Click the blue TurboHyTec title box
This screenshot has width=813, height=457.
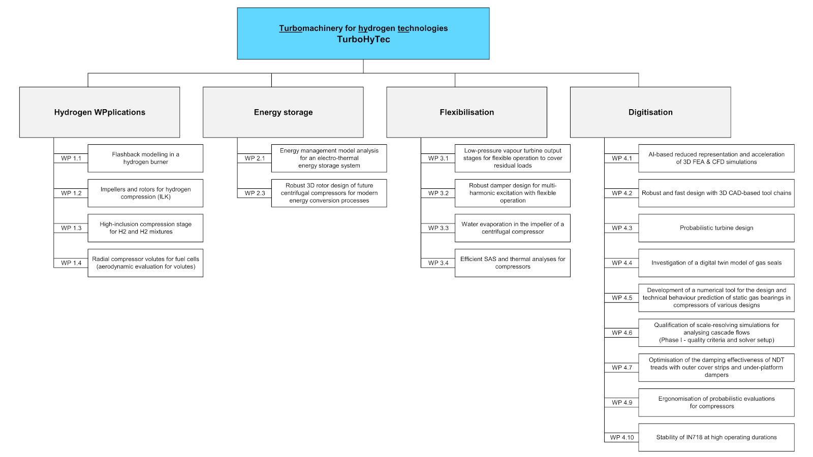(x=363, y=34)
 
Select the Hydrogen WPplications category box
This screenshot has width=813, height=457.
(x=100, y=112)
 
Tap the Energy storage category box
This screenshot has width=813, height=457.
(x=283, y=112)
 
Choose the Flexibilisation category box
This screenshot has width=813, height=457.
(x=467, y=112)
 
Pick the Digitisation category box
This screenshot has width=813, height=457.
(x=650, y=112)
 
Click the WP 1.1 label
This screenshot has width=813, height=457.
(x=71, y=158)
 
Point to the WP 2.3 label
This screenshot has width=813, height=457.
(x=255, y=193)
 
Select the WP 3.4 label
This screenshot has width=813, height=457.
(x=439, y=263)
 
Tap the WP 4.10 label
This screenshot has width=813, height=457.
(x=622, y=437)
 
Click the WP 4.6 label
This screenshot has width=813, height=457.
(x=622, y=333)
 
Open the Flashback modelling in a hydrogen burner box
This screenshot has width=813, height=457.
(x=145, y=158)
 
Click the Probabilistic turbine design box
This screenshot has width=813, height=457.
(x=716, y=228)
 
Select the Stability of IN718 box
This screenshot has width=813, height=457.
(x=716, y=437)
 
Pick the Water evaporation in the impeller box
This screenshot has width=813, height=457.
(x=513, y=228)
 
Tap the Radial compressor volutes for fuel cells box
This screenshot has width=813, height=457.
(x=145, y=263)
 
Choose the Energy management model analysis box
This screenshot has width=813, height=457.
(x=329, y=158)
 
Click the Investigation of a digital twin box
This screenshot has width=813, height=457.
(x=716, y=263)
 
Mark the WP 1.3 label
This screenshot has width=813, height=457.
(x=71, y=228)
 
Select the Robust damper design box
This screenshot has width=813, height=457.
(x=513, y=193)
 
